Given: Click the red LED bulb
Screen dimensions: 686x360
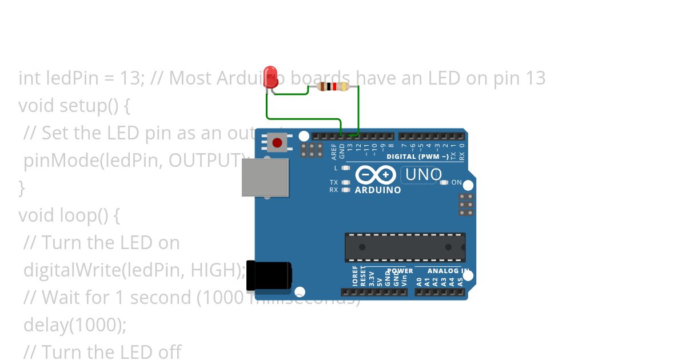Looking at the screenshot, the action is (270, 77).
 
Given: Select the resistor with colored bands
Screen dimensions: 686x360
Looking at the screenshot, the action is (333, 87).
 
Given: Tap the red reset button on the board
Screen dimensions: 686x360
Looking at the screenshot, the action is (277, 142).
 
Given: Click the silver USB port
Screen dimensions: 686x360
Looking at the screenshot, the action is (265, 177).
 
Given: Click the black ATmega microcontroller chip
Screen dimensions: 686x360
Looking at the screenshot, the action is (405, 247).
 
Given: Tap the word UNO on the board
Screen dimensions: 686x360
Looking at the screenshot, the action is (423, 174).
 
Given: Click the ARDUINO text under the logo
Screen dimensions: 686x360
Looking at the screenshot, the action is (378, 190).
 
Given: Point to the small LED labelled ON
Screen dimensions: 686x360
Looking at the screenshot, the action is (445, 182).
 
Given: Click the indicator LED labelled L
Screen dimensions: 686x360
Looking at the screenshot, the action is (345, 168).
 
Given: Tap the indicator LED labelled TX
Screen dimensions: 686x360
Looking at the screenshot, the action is (345, 182).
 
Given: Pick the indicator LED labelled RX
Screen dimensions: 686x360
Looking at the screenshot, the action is (345, 190).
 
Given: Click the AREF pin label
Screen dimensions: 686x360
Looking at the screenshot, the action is (334, 151).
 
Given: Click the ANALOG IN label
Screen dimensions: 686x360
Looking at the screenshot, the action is (448, 271).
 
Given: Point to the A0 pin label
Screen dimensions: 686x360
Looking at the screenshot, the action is (419, 281).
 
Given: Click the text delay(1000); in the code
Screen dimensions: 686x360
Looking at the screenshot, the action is (75, 325).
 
